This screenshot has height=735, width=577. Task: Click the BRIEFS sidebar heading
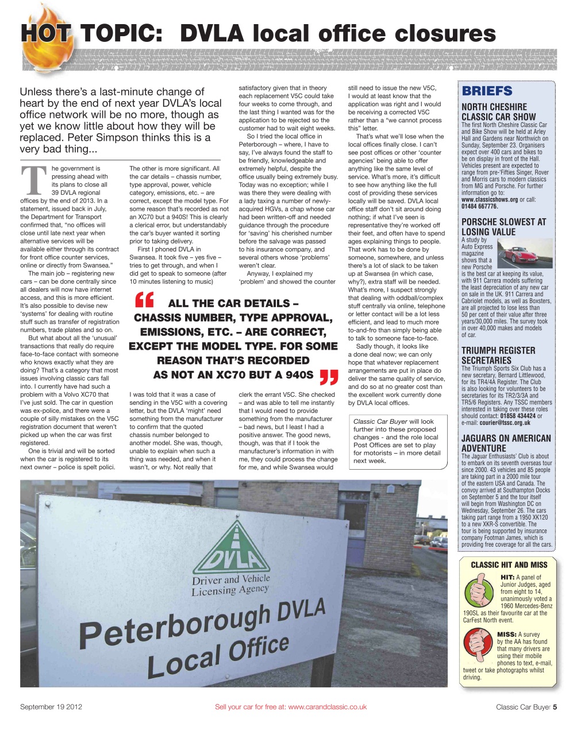point(487,91)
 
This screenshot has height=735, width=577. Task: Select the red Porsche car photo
point(524,254)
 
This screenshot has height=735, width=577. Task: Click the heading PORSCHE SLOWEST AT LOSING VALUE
point(503,227)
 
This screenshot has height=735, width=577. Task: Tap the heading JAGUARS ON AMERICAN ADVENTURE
point(506,443)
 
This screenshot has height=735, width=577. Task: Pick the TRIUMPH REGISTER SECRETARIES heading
point(498,355)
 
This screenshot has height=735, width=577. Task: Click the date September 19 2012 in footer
point(51,707)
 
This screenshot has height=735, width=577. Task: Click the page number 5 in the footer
point(555,707)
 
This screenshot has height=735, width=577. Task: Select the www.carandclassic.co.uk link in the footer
point(327,707)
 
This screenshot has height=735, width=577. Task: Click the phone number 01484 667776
point(480,206)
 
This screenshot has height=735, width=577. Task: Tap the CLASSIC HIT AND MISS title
point(509,564)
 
